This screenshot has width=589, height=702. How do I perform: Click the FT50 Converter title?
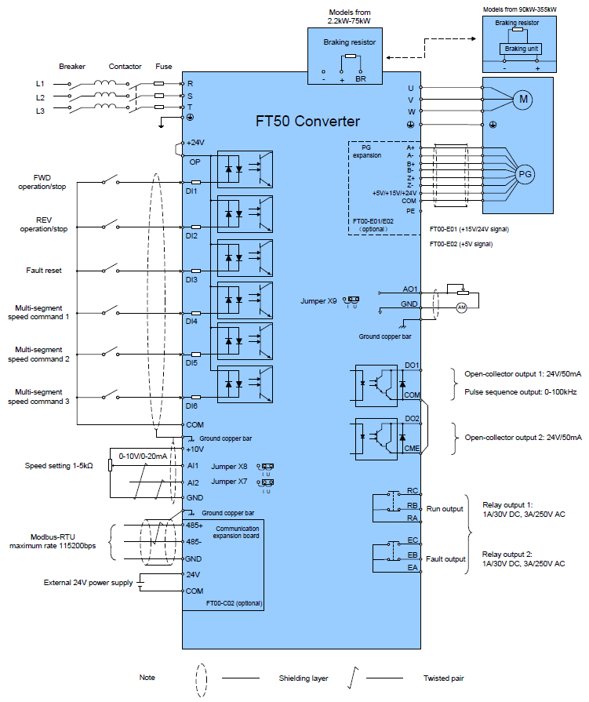308,122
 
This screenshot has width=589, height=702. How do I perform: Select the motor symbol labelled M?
522,99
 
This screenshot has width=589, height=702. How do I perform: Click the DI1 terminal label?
191,191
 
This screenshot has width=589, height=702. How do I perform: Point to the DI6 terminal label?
191,406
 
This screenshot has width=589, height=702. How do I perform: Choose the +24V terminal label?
195,143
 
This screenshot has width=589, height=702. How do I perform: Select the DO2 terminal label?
412,419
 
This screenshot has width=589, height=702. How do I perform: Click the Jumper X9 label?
318,300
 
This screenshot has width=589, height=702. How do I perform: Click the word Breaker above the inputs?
72,67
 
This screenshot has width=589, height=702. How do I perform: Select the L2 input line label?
40,97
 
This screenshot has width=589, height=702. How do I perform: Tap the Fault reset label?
44,271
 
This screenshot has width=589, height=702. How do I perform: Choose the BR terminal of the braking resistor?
361,79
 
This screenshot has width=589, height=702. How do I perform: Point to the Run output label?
445,508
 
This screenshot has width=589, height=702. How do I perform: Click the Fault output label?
445,558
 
